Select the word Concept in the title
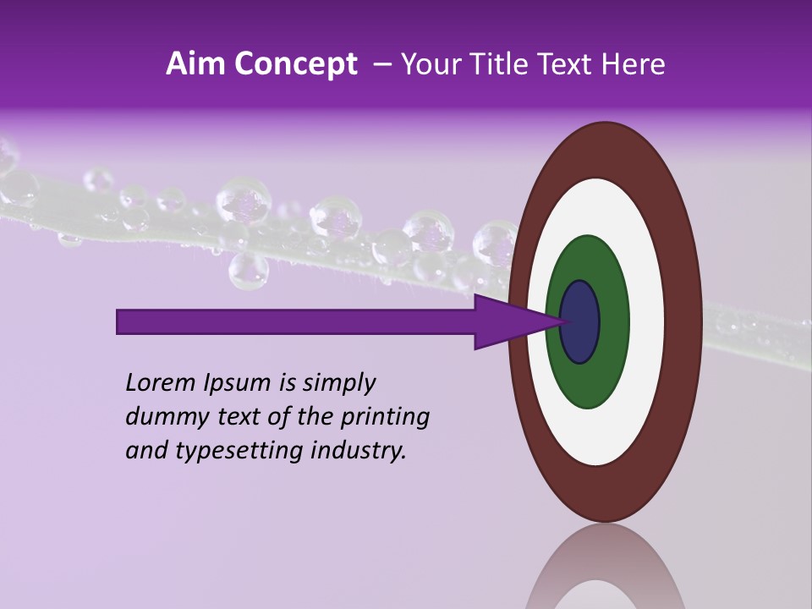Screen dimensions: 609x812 point(294,65)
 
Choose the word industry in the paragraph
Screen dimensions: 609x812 point(359,451)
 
